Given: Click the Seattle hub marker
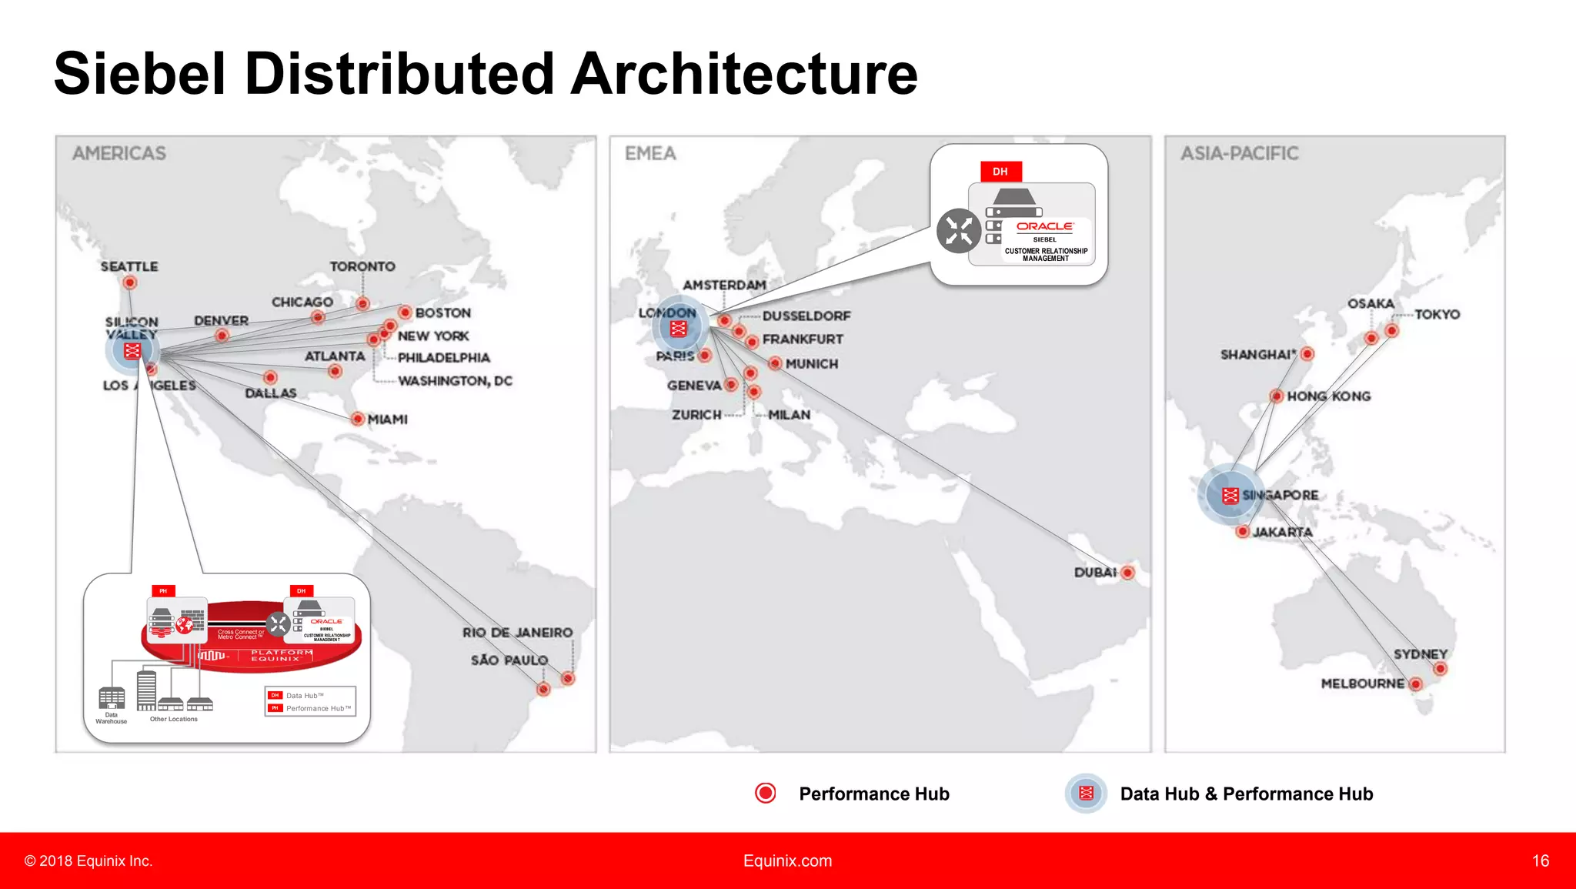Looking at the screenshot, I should click(x=130, y=282).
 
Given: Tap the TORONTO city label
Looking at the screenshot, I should click(x=362, y=266).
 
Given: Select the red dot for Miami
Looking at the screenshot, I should click(x=357, y=419).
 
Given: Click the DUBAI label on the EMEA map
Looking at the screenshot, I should click(x=1095, y=572).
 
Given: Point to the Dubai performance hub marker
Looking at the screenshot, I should click(x=1127, y=572).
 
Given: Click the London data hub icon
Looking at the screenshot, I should click(x=678, y=329).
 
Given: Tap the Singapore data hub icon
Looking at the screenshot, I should click(x=1230, y=495).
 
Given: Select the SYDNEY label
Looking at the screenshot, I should click(x=1420, y=653).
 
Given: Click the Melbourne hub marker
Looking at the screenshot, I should click(x=1415, y=683).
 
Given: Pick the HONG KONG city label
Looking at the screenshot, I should click(x=1328, y=396).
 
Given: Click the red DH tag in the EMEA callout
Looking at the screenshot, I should click(x=1000, y=171).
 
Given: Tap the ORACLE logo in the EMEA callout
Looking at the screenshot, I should click(x=1044, y=226).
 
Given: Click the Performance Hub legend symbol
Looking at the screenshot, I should click(x=766, y=793).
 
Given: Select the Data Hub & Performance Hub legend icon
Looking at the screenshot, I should click(x=1086, y=793).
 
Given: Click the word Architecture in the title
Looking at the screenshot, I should click(x=744, y=74).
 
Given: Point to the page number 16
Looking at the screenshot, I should click(x=1540, y=861).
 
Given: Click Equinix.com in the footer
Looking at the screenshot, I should click(x=787, y=861).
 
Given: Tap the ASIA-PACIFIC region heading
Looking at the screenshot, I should click(x=1239, y=153).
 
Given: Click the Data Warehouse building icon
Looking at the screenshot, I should click(x=112, y=697).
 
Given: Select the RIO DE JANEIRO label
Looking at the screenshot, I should click(x=517, y=632).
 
